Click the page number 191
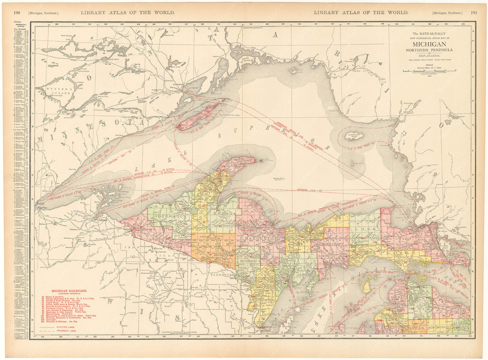[474, 13]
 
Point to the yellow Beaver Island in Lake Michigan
[367, 286]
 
